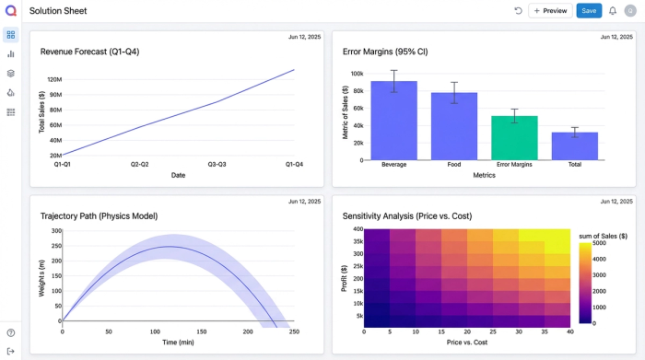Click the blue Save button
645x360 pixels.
click(589, 11)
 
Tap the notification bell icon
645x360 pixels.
click(613, 11)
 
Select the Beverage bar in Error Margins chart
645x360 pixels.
click(393, 120)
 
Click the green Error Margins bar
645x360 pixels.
click(514, 137)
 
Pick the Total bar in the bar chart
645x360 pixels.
click(575, 145)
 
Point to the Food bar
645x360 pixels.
click(454, 125)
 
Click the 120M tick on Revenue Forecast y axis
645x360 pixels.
click(54, 79)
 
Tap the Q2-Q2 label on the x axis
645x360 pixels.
click(140, 165)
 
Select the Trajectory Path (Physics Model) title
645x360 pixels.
click(99, 216)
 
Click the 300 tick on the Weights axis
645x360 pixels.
click(56, 231)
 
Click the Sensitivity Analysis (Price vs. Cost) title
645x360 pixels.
click(406, 216)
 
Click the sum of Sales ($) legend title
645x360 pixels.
click(604, 236)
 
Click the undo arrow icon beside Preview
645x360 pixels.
click(519, 11)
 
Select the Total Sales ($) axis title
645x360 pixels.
click(42, 112)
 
